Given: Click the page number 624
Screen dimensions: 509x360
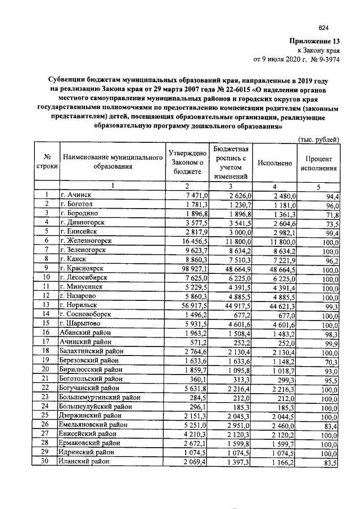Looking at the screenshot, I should pyautogui.click(x=323, y=28).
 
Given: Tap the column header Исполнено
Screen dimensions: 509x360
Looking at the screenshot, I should pyautogui.click(x=274, y=163).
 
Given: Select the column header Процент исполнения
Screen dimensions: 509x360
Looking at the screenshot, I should pyautogui.click(x=318, y=164).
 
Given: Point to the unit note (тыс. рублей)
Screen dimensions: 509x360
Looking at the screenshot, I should pyautogui.click(x=317, y=138).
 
